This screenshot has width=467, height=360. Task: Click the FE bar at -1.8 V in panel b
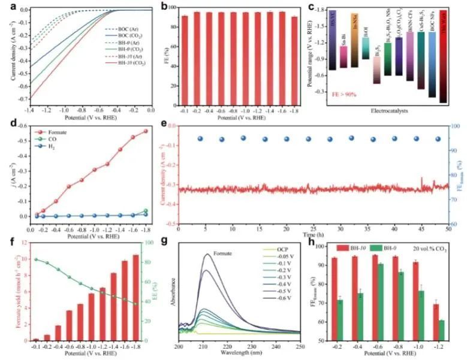tap(294, 60)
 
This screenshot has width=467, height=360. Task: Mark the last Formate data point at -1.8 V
tap(145, 131)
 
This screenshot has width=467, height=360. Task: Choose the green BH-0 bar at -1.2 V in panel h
tap(442, 330)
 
